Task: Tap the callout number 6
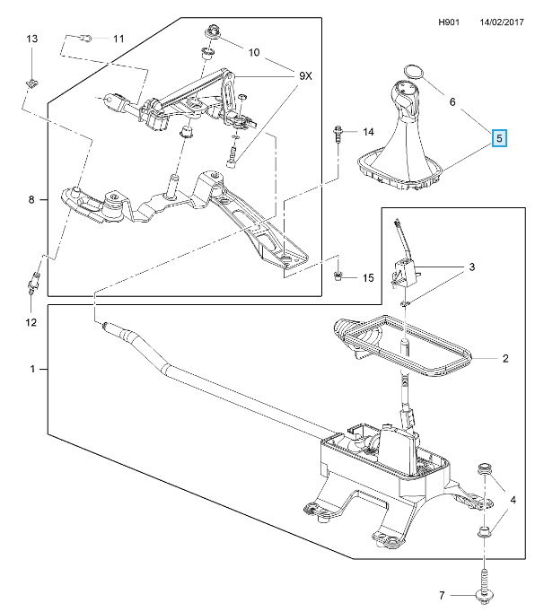(454, 103)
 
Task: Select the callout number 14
(368, 133)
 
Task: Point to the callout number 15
(368, 278)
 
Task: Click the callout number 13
(31, 39)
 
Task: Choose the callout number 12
(30, 321)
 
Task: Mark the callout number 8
(31, 201)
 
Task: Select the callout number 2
(505, 359)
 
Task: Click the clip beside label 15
(339, 275)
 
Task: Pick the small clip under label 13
(31, 83)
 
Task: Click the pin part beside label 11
(85, 38)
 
